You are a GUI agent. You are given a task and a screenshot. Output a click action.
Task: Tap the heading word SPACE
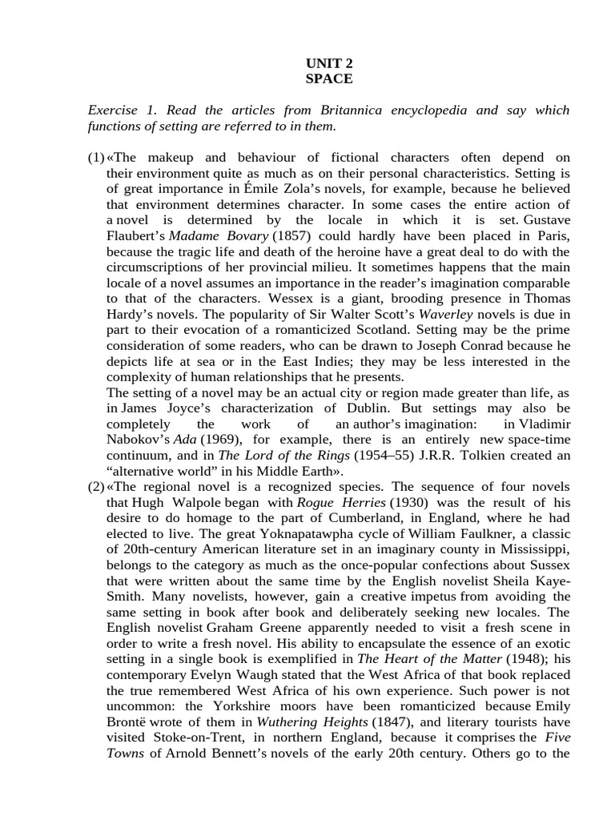[x=328, y=78]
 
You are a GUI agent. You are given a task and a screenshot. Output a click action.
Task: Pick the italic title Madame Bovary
[x=219, y=235]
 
